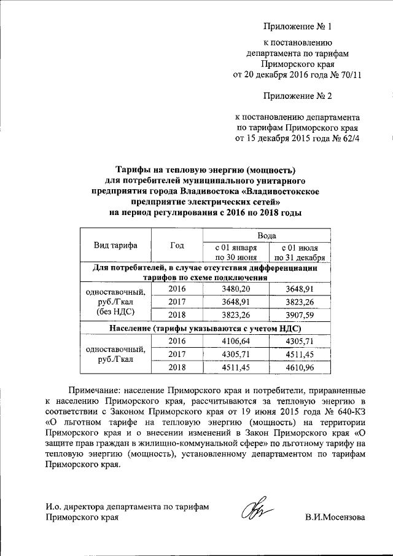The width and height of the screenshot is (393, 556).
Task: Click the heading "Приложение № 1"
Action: click(297, 26)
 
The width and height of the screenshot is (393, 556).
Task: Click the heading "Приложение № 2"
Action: click(297, 96)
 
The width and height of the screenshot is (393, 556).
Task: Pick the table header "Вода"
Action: click(266, 235)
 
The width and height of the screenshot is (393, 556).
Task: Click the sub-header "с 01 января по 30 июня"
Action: click(236, 252)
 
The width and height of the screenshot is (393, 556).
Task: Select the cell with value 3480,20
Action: click(236, 289)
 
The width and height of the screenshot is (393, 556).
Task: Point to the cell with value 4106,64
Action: click(236, 341)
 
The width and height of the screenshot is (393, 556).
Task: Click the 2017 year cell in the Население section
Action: click(177, 354)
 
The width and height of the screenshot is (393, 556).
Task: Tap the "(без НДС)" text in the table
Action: click(115, 312)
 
